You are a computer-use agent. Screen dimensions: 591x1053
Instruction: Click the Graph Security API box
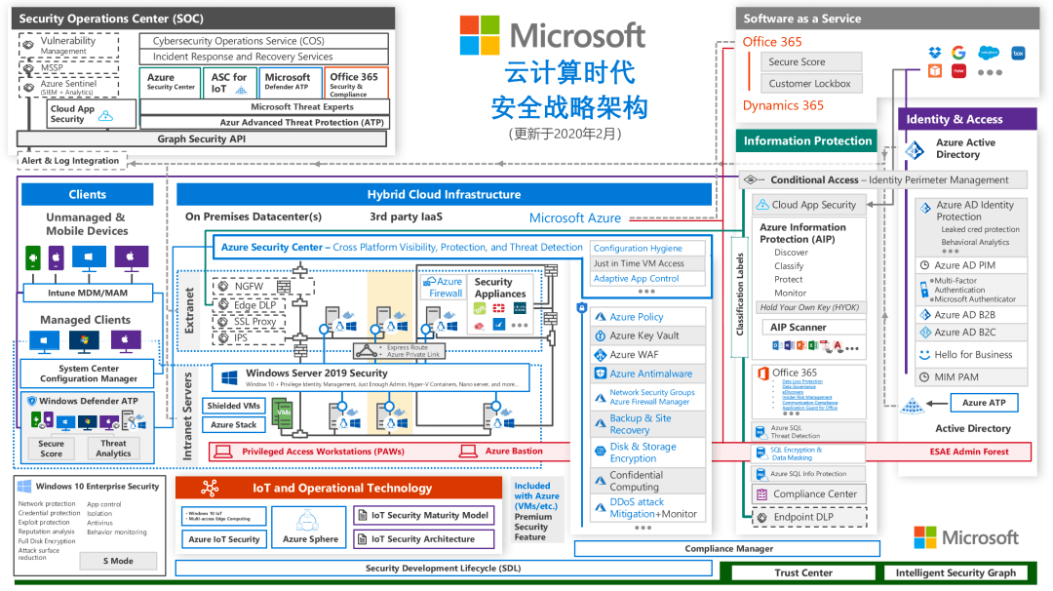point(202,138)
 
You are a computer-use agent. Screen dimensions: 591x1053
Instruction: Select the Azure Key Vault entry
point(643,335)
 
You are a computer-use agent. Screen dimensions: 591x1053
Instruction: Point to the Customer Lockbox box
point(811,84)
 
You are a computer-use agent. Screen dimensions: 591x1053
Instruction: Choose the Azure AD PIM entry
point(964,265)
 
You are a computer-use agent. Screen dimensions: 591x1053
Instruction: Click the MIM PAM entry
point(955,376)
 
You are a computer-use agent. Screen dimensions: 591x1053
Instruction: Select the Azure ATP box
point(983,402)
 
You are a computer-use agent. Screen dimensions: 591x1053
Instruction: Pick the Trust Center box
point(803,572)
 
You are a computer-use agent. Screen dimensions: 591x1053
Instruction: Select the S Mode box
point(118,561)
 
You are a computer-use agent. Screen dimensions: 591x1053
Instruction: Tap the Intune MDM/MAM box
point(87,293)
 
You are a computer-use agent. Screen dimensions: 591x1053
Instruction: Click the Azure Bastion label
point(513,451)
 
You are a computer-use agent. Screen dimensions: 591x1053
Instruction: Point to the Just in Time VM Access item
point(639,263)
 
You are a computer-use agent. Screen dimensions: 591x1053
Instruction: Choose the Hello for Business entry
point(972,355)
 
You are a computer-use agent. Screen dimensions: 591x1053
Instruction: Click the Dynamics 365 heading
point(782,105)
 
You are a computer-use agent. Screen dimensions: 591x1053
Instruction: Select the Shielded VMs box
point(234,406)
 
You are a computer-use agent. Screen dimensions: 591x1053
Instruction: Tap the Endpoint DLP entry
point(803,517)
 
